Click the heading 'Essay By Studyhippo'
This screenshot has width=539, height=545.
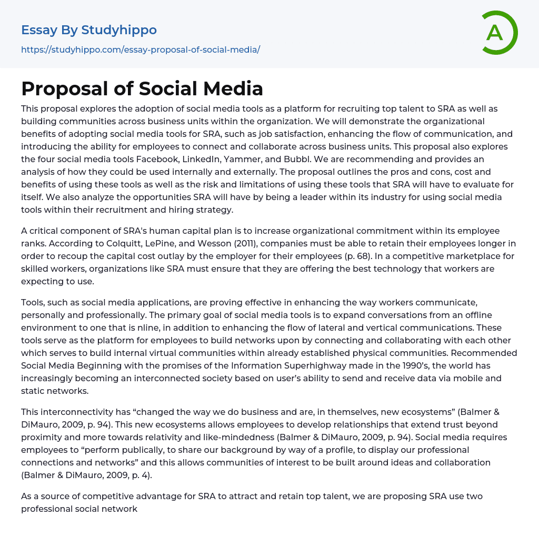(x=89, y=30)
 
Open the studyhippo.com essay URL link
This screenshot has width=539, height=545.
(x=141, y=49)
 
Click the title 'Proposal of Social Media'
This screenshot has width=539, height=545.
(x=142, y=88)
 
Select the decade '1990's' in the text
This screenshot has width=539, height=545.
(x=386, y=365)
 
